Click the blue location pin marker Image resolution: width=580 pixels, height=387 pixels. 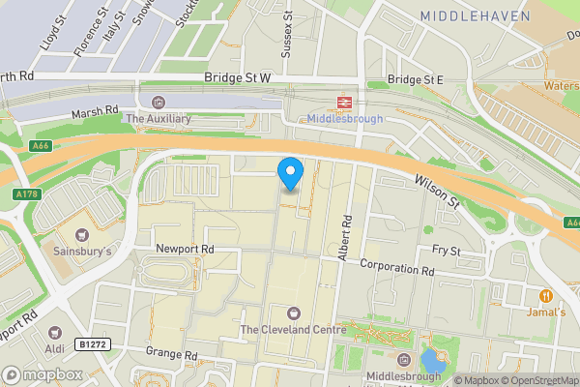(290, 174)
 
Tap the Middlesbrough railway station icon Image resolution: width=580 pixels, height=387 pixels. (343, 101)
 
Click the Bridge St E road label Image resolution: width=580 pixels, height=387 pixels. (414, 78)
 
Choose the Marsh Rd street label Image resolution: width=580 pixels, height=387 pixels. (94, 114)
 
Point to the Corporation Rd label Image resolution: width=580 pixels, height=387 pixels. (396, 267)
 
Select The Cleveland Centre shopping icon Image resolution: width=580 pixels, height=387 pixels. (293, 312)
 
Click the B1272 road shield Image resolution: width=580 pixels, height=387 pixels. (93, 343)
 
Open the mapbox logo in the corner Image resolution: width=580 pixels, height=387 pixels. (43, 374)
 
